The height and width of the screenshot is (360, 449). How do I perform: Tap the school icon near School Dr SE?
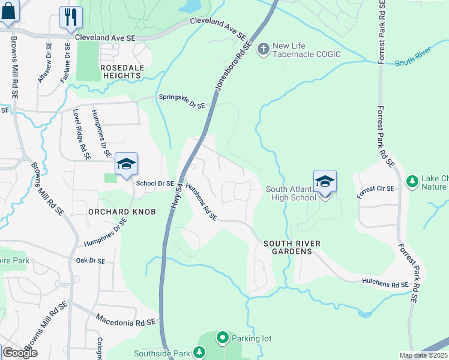click(126, 164)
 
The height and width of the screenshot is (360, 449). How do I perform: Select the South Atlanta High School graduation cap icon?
click(325, 182)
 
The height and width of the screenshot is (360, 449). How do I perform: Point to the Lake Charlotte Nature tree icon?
click(412, 181)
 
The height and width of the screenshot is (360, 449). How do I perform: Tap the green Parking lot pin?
click(222, 338)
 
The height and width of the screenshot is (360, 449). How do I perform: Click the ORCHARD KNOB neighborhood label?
click(122, 212)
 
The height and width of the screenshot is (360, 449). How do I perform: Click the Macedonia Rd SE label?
click(126, 320)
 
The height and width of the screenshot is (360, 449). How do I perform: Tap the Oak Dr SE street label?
click(90, 261)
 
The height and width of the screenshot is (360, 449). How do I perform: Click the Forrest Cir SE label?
click(375, 192)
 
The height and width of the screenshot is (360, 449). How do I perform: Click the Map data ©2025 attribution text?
click(424, 355)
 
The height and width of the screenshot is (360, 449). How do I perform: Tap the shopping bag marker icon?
click(7, 12)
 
